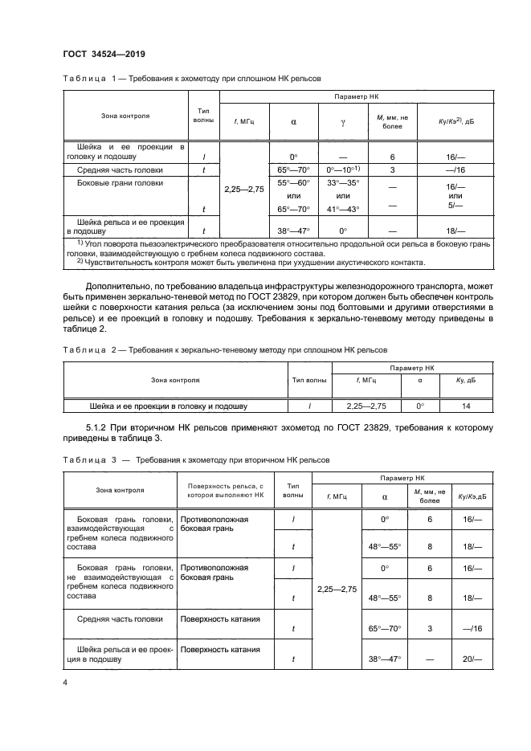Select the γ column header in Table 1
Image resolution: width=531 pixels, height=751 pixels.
[343, 123]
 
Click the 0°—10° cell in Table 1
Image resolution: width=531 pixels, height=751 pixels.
[343, 170]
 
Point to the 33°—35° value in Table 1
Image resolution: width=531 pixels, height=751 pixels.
[343, 184]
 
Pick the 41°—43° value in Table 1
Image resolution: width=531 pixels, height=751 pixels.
[343, 208]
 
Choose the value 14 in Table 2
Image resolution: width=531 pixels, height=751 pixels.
[466, 406]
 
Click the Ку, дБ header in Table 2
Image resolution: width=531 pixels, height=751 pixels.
[466, 380]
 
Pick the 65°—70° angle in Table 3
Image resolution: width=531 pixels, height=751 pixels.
[384, 629]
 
